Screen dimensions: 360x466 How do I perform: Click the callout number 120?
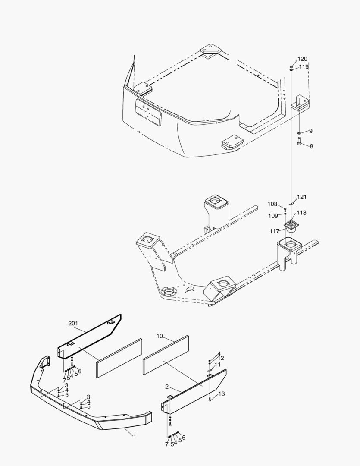[302, 59]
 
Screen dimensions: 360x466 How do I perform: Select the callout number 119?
[304, 67]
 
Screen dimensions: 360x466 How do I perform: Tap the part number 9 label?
[311, 131]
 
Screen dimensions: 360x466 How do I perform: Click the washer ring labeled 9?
[300, 132]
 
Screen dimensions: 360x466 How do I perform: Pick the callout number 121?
[302, 197]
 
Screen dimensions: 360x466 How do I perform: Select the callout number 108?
[272, 204]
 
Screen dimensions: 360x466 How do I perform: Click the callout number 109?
[273, 216]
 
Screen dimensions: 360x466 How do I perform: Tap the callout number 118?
[301, 213]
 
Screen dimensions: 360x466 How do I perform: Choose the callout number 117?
[275, 231]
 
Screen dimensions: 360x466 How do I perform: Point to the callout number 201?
[73, 323]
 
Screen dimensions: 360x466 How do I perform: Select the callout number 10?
[160, 336]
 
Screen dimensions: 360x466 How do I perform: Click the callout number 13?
[222, 394]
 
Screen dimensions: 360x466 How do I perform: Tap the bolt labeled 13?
[210, 399]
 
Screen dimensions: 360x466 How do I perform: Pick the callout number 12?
[221, 359]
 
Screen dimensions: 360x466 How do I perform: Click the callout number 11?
[217, 365]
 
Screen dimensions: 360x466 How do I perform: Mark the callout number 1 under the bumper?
[135, 437]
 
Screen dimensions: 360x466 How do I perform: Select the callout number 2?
[166, 387]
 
